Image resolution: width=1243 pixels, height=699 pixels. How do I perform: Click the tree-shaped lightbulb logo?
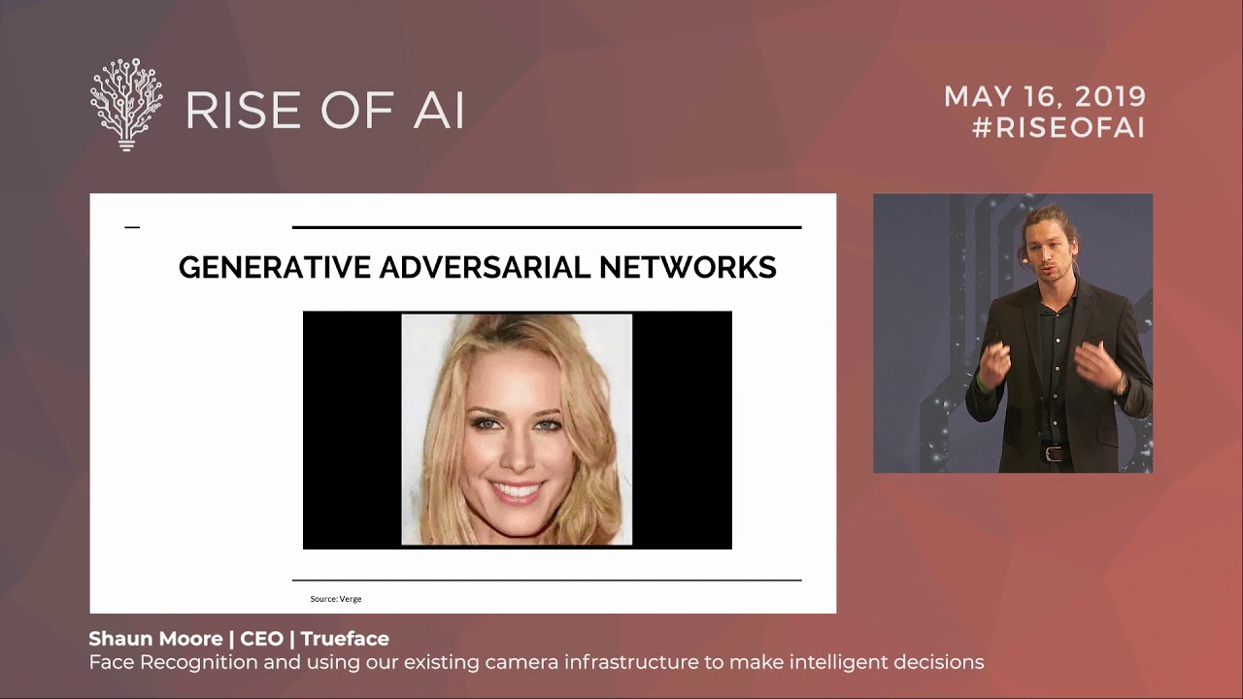pos(126,104)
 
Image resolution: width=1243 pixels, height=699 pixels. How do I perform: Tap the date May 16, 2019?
pos(1045,97)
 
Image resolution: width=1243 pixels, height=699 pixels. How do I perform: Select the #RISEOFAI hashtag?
pos(1058,127)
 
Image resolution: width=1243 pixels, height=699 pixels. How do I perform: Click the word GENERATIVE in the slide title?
pos(276,267)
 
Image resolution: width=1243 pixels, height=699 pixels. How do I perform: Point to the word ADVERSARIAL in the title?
pos(486,267)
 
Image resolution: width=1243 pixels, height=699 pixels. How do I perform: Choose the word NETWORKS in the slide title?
pos(688,267)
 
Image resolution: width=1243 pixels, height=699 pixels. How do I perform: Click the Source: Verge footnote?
pos(336,599)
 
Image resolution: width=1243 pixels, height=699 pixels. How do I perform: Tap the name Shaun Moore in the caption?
pos(155,639)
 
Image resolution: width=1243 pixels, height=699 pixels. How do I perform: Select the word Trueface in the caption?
pos(345,639)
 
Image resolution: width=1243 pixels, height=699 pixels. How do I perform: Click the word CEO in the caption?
pos(261,639)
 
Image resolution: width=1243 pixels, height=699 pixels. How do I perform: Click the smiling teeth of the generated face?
pos(516,490)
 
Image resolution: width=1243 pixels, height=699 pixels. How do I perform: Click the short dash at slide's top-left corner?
pos(132,227)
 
